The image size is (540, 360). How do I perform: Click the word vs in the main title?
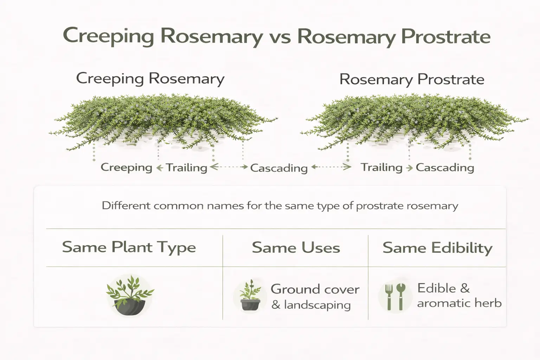[x=280, y=37]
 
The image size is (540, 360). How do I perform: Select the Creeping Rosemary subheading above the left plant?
[x=150, y=78]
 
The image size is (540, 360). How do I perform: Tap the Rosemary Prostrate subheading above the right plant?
[x=412, y=79]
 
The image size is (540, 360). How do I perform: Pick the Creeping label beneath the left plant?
[x=126, y=167]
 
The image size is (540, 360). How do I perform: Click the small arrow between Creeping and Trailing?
[x=159, y=168]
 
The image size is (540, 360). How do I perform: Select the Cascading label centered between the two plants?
[x=279, y=168]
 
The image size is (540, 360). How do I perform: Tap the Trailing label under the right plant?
[x=381, y=167]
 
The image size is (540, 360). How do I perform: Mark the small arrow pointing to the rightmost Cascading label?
[x=409, y=168]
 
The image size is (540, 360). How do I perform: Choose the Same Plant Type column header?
[x=129, y=247]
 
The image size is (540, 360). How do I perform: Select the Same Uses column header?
[x=296, y=248]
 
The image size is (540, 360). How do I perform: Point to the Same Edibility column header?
[x=437, y=248]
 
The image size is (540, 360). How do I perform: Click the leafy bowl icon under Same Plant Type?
[x=130, y=295]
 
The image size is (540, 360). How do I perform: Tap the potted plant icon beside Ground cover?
[x=250, y=296]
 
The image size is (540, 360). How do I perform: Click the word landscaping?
[x=317, y=305]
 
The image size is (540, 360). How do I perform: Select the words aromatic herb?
[x=459, y=303]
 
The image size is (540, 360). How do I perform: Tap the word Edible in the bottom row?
[x=437, y=288]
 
